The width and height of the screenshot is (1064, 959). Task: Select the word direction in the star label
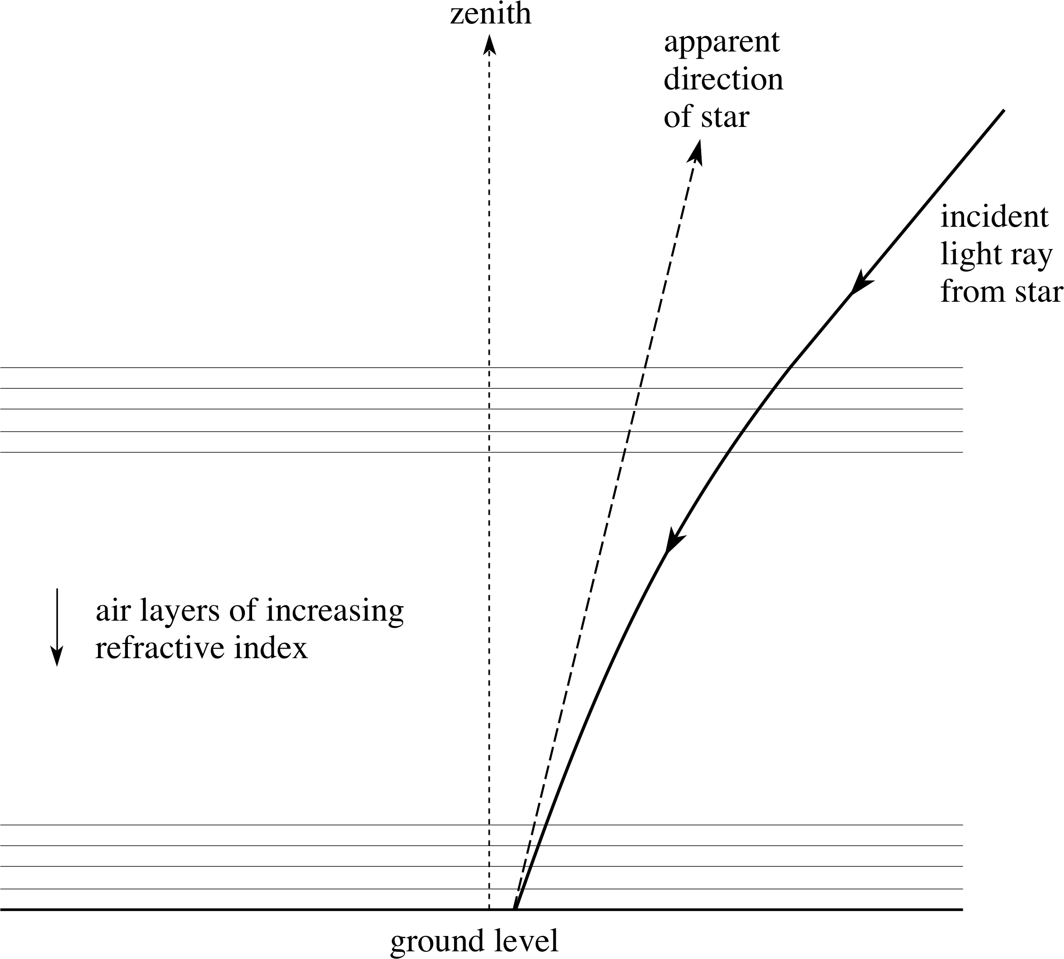tap(723, 80)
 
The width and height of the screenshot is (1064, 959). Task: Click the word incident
tap(994, 217)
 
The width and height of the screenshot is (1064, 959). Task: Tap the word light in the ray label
tap(971, 256)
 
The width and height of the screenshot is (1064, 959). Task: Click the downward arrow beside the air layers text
tap(57, 627)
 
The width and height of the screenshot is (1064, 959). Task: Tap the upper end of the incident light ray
tap(1003, 111)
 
